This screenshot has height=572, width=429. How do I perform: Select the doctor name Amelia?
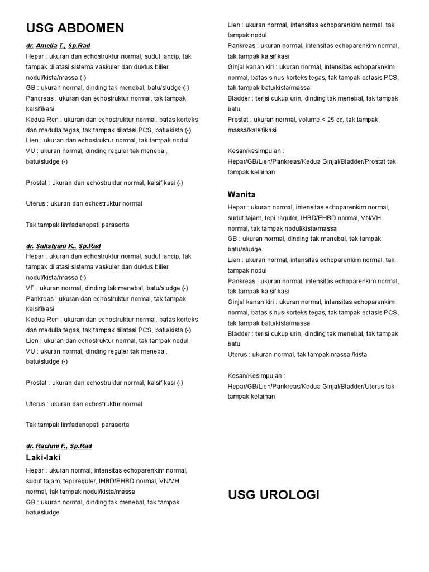click(46, 46)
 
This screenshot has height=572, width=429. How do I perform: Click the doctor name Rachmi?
click(47, 446)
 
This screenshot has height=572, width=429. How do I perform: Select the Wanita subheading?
click(241, 194)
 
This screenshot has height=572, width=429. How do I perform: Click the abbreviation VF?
click(30, 288)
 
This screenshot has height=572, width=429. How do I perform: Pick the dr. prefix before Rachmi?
click(30, 446)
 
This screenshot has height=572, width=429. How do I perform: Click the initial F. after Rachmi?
click(64, 446)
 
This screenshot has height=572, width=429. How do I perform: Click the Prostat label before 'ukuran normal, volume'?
click(239, 120)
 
